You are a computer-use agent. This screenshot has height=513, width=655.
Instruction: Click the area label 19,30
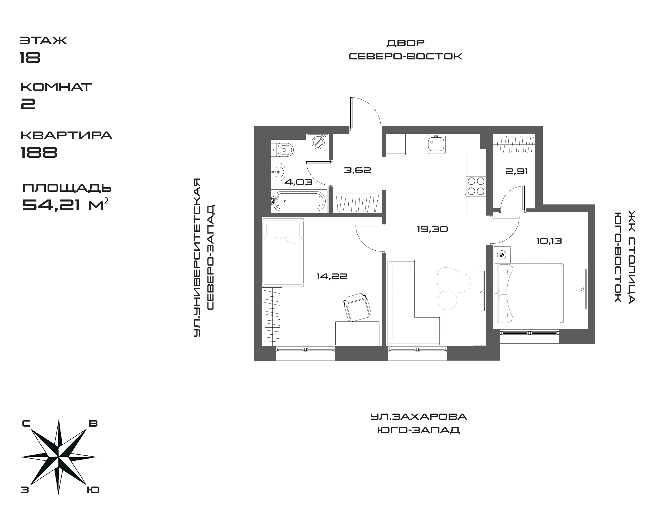click(432, 230)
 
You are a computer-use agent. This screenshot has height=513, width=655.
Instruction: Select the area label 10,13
click(549, 241)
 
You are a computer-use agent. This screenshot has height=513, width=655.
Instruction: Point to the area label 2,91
click(517, 171)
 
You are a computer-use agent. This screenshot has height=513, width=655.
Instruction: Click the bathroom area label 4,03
click(298, 182)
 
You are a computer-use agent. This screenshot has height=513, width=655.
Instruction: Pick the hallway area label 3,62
click(357, 170)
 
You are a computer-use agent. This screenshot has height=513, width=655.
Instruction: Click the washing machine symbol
click(317, 142)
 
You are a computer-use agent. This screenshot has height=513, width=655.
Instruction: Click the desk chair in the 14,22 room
click(357, 307)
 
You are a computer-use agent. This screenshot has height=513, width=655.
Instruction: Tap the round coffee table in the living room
click(447, 300)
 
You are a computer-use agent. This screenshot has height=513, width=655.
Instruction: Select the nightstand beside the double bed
click(502, 255)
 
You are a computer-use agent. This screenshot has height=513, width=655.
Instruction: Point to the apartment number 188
click(39, 152)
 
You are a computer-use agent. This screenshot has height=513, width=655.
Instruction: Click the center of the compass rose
click(59, 457)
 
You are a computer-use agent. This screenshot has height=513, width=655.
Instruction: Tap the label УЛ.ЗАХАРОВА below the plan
click(419, 417)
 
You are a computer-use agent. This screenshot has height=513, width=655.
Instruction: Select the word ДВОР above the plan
click(405, 43)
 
